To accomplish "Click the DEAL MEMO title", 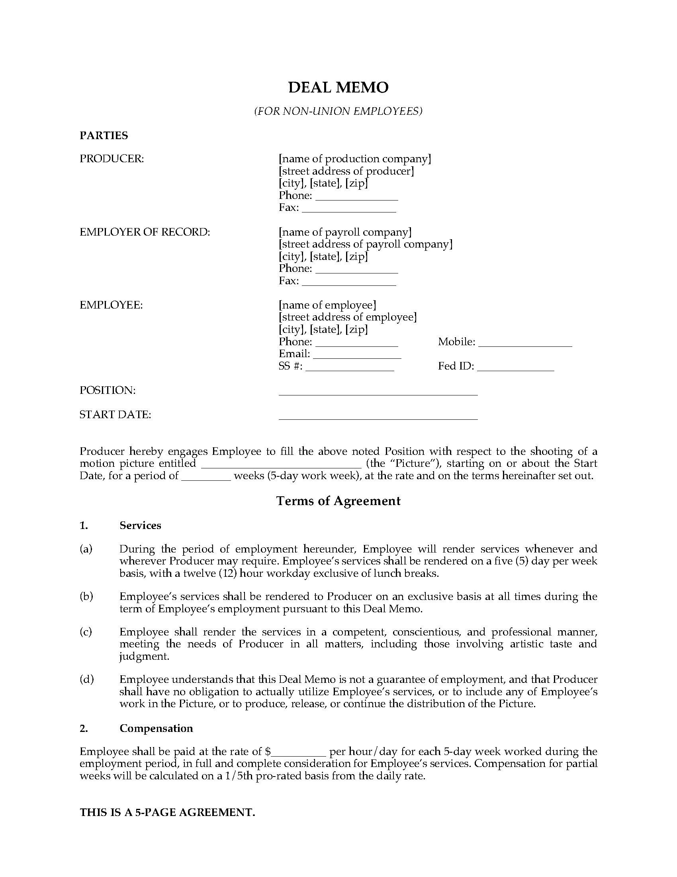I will [x=338, y=88].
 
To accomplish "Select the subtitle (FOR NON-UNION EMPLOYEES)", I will [x=338, y=111].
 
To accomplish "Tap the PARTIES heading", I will [x=104, y=136].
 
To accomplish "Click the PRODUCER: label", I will [x=112, y=159].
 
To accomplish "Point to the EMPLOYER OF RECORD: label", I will [x=145, y=232].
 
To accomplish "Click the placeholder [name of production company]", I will [x=355, y=159].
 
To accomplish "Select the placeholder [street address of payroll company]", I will [x=365, y=244].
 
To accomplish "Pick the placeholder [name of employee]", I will [x=327, y=305].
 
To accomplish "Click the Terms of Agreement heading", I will [x=338, y=501].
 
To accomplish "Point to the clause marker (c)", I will [x=86, y=632].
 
